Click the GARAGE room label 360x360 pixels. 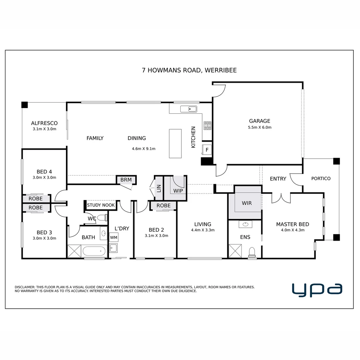click(x=259, y=121)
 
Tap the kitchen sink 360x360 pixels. click(x=189, y=109)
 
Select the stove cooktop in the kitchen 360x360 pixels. click(x=207, y=126)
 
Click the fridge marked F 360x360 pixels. click(x=207, y=150)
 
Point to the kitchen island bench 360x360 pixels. click(x=175, y=143)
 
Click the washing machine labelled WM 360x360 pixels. click(x=114, y=237)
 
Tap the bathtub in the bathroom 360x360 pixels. click(x=94, y=251)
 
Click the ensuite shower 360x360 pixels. click(x=235, y=251)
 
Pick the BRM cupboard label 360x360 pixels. click(x=126, y=180)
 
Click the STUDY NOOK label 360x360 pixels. click(x=101, y=205)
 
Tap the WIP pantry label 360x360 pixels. click(x=178, y=191)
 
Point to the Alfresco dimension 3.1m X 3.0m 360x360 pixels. click(x=44, y=129)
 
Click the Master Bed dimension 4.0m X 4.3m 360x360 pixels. click(x=293, y=230)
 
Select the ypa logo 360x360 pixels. click(x=317, y=290)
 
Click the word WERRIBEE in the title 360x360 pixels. click(x=221, y=70)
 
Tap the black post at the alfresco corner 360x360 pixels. click(x=25, y=105)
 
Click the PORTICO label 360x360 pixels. click(x=321, y=178)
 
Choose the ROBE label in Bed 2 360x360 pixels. click(x=163, y=205)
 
